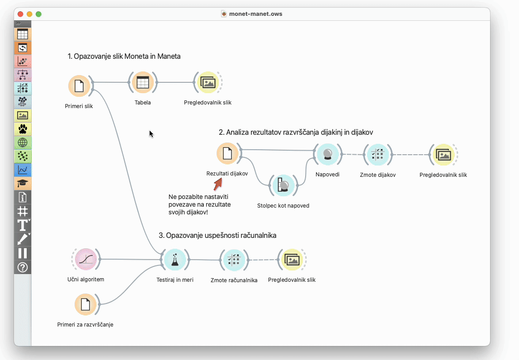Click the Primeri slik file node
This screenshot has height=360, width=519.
pyautogui.click(x=79, y=86)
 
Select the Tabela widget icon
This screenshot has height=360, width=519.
pyautogui.click(x=142, y=82)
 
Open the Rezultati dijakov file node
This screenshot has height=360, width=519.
pyautogui.click(x=227, y=154)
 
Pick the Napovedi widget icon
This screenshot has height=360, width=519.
pyautogui.click(x=327, y=154)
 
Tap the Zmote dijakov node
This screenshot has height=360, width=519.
pyautogui.click(x=377, y=155)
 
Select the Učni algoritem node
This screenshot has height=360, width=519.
pyautogui.click(x=86, y=259)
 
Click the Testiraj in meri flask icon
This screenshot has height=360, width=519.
pyautogui.click(x=175, y=260)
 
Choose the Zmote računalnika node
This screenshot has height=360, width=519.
pyautogui.click(x=234, y=260)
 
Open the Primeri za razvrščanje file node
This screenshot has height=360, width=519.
pyautogui.click(x=85, y=304)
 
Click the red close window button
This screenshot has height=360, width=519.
pyautogui.click(x=20, y=14)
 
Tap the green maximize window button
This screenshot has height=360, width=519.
pyautogui.click(x=38, y=14)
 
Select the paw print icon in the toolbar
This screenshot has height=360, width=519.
pyautogui.click(x=23, y=129)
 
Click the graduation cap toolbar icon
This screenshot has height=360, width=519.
pyautogui.click(x=23, y=183)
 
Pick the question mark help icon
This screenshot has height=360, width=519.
pyautogui.click(x=23, y=267)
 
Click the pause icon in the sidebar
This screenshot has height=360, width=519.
pyautogui.click(x=23, y=253)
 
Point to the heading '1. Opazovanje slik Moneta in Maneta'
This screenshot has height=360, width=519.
pyautogui.click(x=124, y=57)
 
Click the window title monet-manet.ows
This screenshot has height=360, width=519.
pyautogui.click(x=255, y=14)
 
